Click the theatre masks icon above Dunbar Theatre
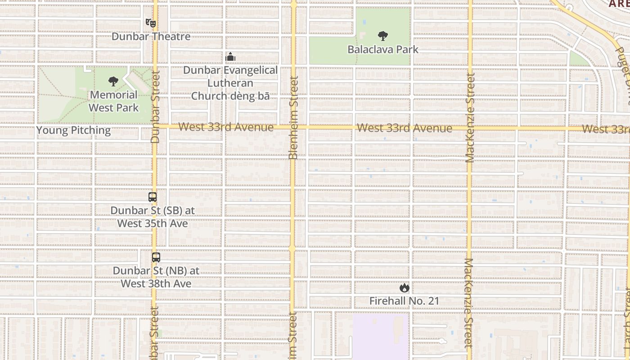[x=150, y=22]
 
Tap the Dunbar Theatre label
[x=151, y=36]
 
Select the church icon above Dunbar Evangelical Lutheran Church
[x=230, y=57]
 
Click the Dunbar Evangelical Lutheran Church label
[x=230, y=83]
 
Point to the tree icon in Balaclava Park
[x=383, y=36]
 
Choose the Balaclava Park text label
[x=383, y=49]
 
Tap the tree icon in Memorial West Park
[x=113, y=81]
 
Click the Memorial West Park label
[x=113, y=101]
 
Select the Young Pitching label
[x=73, y=130]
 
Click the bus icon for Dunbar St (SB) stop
[x=153, y=197]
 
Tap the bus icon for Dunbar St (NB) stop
[x=156, y=257]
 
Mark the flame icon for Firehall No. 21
[x=404, y=288]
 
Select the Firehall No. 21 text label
[x=404, y=301]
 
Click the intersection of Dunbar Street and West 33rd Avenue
[x=155, y=126]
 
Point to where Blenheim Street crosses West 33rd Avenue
[x=293, y=127]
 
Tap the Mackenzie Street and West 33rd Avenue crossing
[x=469, y=128]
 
